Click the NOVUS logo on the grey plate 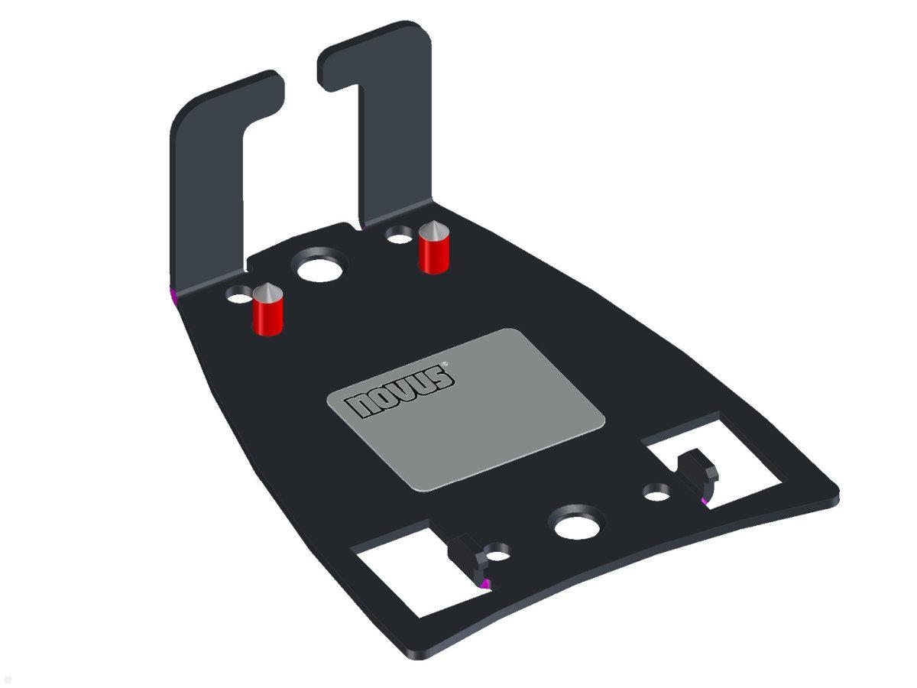(x=401, y=391)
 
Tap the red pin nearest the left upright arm (x=267, y=316)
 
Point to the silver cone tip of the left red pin (x=267, y=292)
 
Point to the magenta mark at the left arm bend (x=172, y=294)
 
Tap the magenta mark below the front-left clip (x=484, y=584)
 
